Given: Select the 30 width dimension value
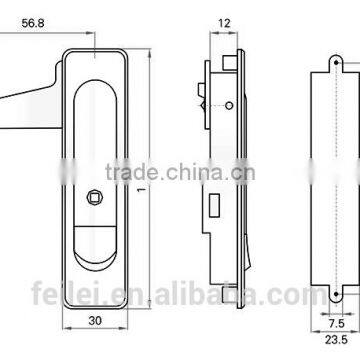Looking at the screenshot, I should pos(93,323).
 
